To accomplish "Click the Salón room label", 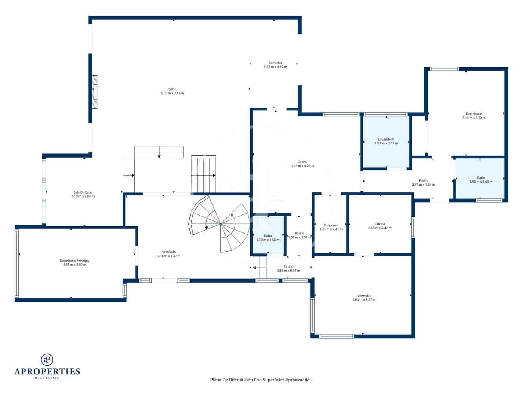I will tap(172, 89).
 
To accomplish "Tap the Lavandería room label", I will tap(386, 139).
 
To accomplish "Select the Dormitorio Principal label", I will tap(75, 261).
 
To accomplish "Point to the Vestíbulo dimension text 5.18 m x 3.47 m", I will tap(169, 256).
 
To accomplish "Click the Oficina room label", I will tap(380, 224).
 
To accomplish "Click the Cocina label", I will tap(303, 162).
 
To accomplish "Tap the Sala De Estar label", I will tap(83, 192).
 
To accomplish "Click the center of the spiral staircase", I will tap(220, 224).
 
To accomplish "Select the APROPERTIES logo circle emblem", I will tap(47, 359).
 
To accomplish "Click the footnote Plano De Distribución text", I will tap(261, 380).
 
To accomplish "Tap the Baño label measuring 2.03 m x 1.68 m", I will tap(481, 177).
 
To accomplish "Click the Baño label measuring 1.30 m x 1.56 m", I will tap(268, 235).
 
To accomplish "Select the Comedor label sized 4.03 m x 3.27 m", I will tap(364, 296).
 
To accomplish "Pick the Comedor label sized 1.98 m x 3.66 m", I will tap(275, 63).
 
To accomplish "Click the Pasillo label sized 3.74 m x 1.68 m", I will tap(423, 180).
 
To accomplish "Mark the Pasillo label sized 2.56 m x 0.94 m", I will tap(288, 266).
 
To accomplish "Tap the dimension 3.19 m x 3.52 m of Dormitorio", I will tap(474, 118).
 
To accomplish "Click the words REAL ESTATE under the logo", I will tap(47, 378).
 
